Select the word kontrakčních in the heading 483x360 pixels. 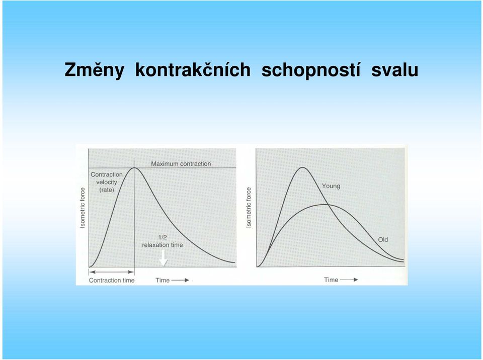(x=193, y=69)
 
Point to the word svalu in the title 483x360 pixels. (x=394, y=69)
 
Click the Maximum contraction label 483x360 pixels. (x=181, y=164)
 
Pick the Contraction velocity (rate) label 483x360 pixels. (x=107, y=182)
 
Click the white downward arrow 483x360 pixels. (x=163, y=258)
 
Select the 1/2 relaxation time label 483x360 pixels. (x=163, y=241)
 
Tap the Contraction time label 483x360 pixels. (x=112, y=280)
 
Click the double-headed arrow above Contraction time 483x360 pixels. (x=112, y=272)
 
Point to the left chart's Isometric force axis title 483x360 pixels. (x=82, y=208)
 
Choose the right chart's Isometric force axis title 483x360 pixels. (x=249, y=208)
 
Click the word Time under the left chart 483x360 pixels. (x=163, y=280)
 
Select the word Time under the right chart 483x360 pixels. (x=331, y=280)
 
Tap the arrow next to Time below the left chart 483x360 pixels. (x=180, y=280)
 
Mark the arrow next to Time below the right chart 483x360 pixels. (x=349, y=280)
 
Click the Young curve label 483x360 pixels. (x=331, y=186)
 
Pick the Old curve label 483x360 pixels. (x=383, y=240)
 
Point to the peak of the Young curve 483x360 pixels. (x=303, y=167)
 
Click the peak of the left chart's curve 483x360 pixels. (x=134, y=168)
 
